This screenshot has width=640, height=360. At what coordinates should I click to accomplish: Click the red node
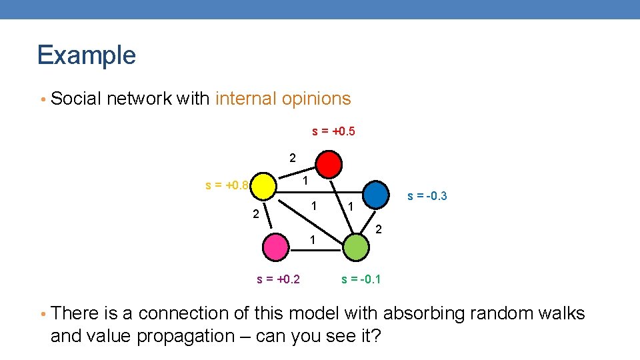coord(329,163)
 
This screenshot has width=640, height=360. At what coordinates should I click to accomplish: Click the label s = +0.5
coord(333,131)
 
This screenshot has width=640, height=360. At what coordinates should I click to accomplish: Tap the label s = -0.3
coord(427,196)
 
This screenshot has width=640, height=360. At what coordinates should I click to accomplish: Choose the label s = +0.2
coord(278,279)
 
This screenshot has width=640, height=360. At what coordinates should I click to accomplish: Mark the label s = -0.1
coord(361,279)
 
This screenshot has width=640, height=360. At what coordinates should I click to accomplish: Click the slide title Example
coord(87,55)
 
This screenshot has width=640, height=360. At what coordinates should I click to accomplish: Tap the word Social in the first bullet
coord(76,99)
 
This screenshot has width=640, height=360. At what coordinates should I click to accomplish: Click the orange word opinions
coord(316,99)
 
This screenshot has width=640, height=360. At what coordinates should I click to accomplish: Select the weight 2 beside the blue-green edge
coord(378,230)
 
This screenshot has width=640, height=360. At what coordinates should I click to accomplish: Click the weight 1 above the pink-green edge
coord(311,239)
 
